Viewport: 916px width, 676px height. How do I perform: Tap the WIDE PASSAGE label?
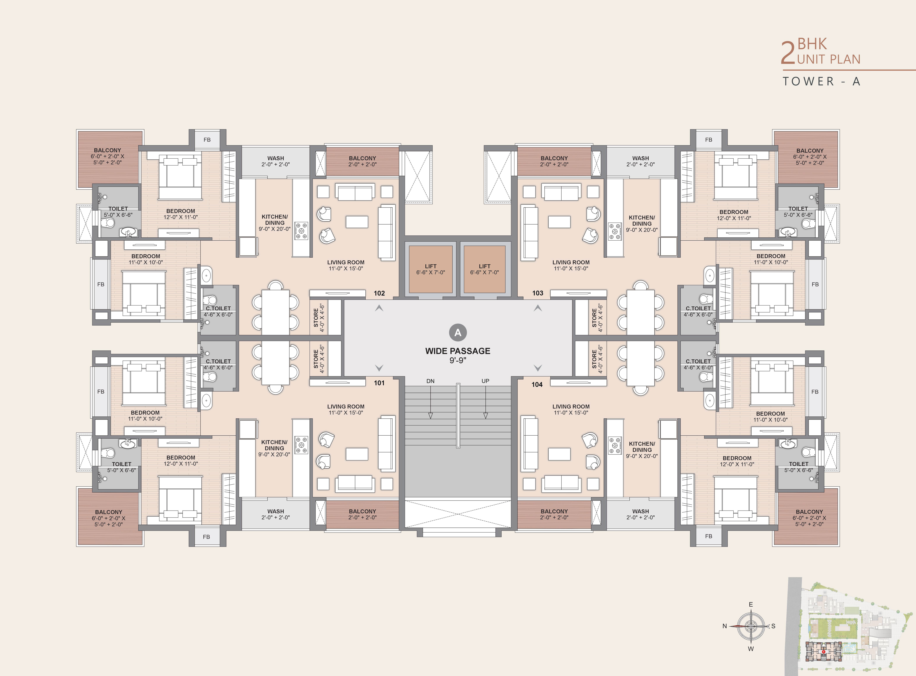coord(458,351)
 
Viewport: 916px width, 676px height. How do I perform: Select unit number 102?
coord(379,293)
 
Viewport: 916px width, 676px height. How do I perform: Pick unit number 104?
coord(537,384)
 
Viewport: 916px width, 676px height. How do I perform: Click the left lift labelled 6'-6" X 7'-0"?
coord(431,269)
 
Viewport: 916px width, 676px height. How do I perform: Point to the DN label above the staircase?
coord(430,381)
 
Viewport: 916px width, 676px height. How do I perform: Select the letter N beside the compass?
coord(725,626)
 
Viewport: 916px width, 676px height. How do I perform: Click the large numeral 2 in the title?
coord(788,53)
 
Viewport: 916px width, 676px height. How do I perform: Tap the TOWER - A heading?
coord(821,81)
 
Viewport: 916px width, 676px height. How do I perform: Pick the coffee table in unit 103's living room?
coord(559,222)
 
